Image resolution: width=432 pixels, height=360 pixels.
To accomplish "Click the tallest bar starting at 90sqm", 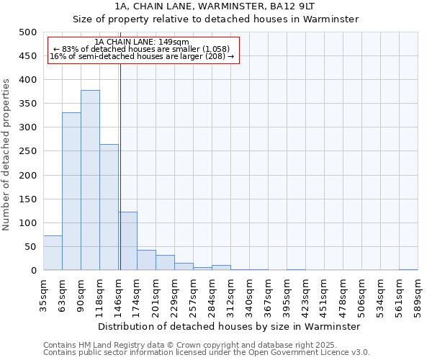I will coord(90,180).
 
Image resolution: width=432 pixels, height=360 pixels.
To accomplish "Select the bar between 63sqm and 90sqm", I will coord(71,191).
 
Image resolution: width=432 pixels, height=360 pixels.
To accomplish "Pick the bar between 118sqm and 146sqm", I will coord(109,207).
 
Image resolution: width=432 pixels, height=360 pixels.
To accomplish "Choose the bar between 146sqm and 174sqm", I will coord(128,240).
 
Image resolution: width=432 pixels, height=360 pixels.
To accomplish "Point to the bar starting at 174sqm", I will coord(146,260).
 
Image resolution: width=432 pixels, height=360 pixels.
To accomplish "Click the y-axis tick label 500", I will coord(28,32).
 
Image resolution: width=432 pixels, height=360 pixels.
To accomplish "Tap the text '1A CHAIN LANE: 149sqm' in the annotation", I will coord(142,42).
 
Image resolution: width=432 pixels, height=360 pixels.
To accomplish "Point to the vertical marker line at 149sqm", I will coord(120,166).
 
